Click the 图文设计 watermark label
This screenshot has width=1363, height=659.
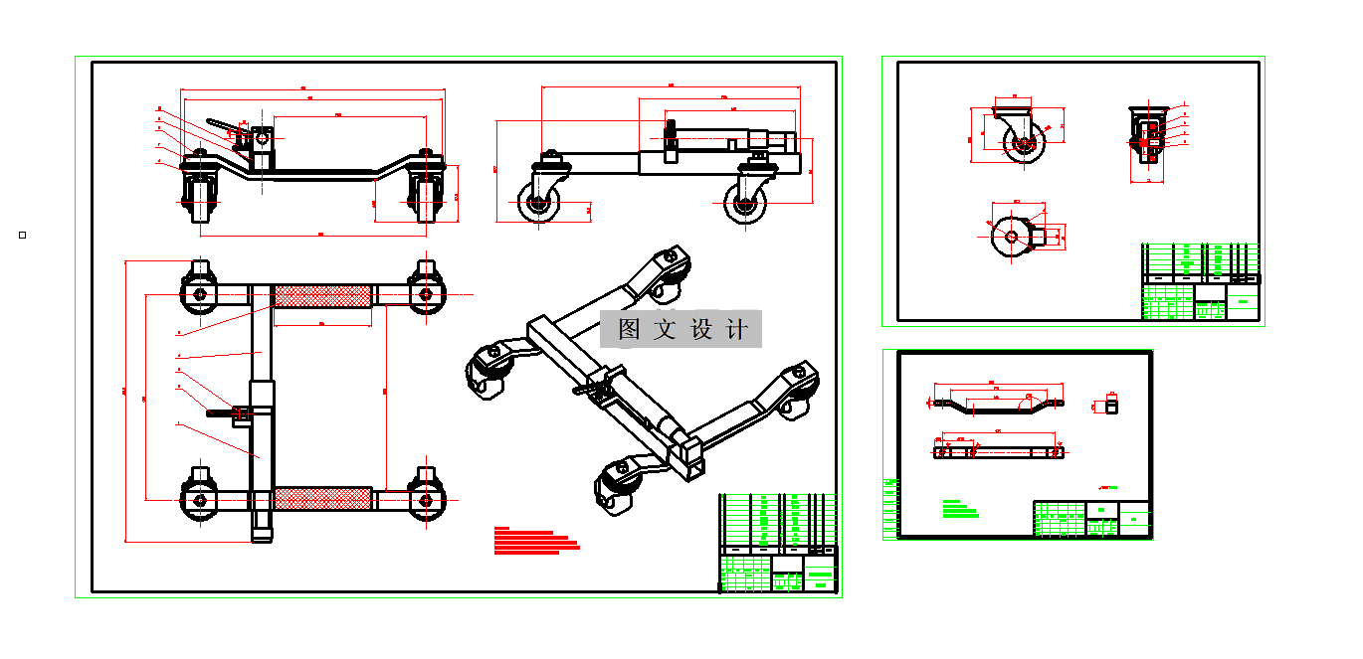pos(681,329)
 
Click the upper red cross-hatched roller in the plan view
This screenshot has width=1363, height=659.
pos(322,295)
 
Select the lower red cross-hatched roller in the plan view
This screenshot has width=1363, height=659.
pos(322,499)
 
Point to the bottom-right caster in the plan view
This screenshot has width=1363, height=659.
pos(425,497)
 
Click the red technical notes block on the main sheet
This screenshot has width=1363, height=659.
pos(536,539)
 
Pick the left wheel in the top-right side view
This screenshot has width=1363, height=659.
pos(538,206)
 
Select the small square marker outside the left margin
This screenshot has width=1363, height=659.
pos(22,235)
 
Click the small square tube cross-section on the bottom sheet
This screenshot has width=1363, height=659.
pos(1111,405)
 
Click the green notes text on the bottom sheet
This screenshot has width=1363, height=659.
pos(959,510)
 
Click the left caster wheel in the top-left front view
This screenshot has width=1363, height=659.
pos(200,195)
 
